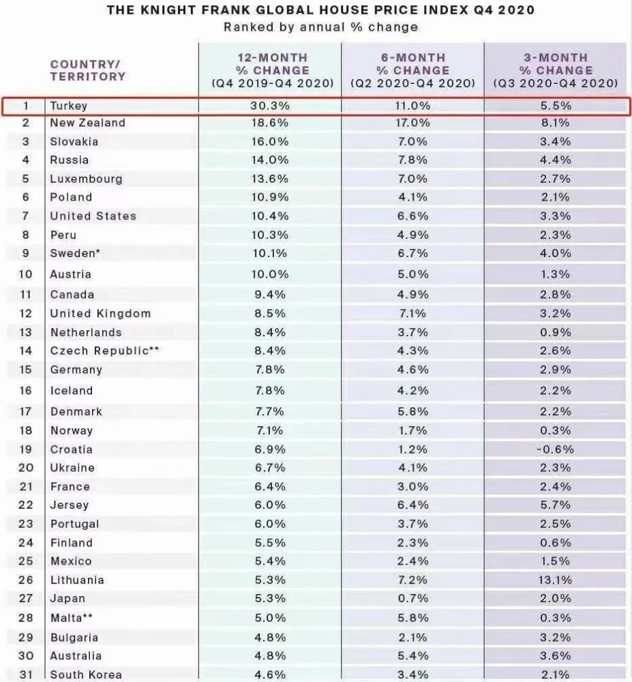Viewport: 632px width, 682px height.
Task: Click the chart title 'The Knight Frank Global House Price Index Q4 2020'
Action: point(321,10)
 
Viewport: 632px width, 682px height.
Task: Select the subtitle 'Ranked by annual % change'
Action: point(321,27)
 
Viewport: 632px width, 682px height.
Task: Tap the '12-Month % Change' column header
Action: point(273,70)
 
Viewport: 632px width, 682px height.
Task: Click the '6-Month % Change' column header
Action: point(413,70)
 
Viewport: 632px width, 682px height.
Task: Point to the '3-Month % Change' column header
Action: point(556,70)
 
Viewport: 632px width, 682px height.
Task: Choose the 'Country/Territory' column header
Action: point(88,70)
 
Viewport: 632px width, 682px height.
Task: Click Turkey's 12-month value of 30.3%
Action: point(270,106)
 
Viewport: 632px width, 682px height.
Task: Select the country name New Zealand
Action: point(88,123)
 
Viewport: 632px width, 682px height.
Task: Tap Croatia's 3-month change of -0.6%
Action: point(556,449)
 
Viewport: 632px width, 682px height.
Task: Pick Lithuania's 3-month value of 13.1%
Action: point(556,580)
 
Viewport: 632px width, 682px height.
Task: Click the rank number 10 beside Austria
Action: point(26,274)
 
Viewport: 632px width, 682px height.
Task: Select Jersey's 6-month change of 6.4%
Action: point(413,505)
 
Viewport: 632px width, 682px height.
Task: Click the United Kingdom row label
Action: point(100,314)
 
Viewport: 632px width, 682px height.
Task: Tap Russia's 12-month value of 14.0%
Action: point(270,160)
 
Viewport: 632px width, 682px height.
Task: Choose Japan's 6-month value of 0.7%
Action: point(413,599)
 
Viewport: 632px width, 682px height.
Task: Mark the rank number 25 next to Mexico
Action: point(26,561)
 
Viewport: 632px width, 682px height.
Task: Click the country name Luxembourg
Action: point(87,179)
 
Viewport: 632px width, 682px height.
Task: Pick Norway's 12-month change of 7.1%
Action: point(270,430)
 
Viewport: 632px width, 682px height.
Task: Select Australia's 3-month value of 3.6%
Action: point(556,655)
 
